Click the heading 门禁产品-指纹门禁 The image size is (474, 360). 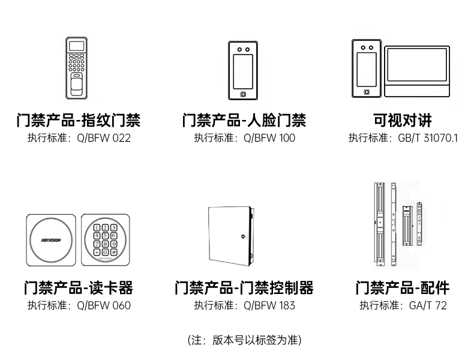[79, 120]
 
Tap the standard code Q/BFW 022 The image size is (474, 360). [103, 138]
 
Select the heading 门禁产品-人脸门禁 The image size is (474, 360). [244, 120]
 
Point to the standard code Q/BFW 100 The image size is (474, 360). [269, 138]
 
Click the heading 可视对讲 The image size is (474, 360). [403, 120]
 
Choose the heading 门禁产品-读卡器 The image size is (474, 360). [79, 287]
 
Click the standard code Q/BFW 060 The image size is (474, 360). [103, 305]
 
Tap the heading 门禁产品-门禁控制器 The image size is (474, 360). [244, 287]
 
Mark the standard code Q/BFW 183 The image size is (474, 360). [269, 305]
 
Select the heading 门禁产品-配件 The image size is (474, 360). [403, 287]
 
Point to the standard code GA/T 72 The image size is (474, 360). [428, 305]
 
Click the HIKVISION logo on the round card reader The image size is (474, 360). [50, 239]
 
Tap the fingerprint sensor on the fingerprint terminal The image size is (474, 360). [77, 85]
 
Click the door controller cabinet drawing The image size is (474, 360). [229, 238]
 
